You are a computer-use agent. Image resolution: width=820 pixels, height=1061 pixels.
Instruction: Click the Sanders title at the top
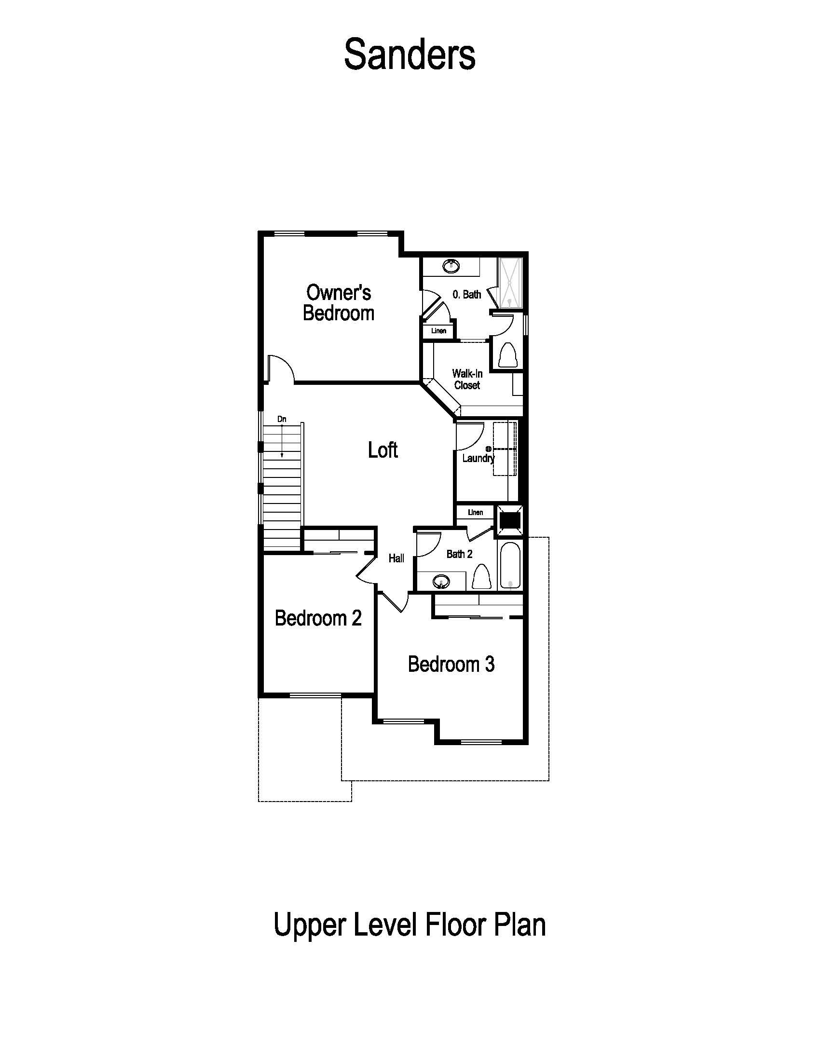pos(410,54)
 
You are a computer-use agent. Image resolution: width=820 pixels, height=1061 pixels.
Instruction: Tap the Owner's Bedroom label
pos(339,303)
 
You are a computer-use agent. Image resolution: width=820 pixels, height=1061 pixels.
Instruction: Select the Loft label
pos(383,450)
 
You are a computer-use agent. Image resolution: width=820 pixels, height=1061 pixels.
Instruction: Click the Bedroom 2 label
pos(318,618)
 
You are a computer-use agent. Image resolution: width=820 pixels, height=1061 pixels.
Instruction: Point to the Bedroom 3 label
pos(451,664)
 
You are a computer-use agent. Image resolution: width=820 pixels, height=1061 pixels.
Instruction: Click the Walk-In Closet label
pos(467,380)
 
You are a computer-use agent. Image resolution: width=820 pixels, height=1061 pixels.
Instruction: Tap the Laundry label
pos(478,458)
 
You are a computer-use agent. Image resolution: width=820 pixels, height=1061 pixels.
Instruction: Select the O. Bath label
pos(466,294)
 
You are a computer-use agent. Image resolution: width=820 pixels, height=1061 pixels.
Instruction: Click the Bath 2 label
pos(459,554)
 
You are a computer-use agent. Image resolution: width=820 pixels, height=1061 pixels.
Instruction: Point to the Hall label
pos(396,558)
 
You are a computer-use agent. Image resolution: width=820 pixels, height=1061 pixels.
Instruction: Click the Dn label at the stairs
pos(282,419)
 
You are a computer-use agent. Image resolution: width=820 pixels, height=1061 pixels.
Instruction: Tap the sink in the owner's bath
pos(451,266)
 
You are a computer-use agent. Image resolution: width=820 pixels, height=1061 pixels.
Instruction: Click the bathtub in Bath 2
pos(509,567)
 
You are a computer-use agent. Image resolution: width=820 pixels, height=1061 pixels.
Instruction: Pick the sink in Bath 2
pos(441,581)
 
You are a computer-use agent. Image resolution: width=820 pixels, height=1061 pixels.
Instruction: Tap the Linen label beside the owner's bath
pos(438,331)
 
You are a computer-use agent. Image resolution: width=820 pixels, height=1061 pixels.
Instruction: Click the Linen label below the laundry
pos(475,513)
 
